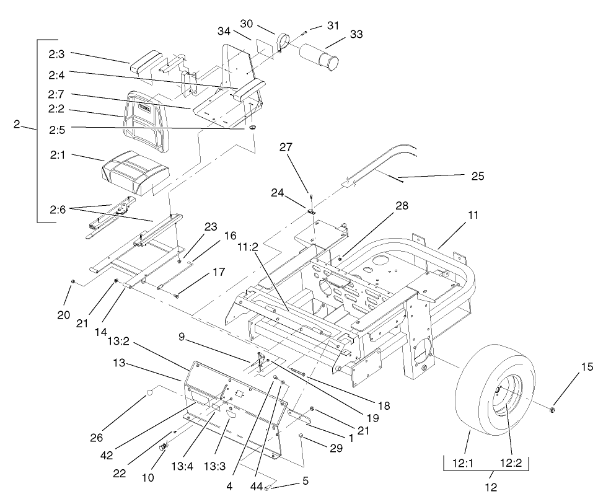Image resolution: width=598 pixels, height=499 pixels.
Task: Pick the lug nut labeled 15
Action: tap(553, 408)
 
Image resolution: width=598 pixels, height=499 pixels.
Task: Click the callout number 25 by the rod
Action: tap(477, 177)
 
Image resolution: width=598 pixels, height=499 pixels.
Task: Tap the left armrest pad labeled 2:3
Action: tap(148, 64)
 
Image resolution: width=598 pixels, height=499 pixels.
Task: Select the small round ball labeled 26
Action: tap(149, 392)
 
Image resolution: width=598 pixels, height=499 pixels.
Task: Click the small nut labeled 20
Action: tap(74, 282)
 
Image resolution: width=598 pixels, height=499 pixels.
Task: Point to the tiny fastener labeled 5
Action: tap(267, 488)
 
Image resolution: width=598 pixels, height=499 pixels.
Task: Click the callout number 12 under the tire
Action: tap(491, 487)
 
